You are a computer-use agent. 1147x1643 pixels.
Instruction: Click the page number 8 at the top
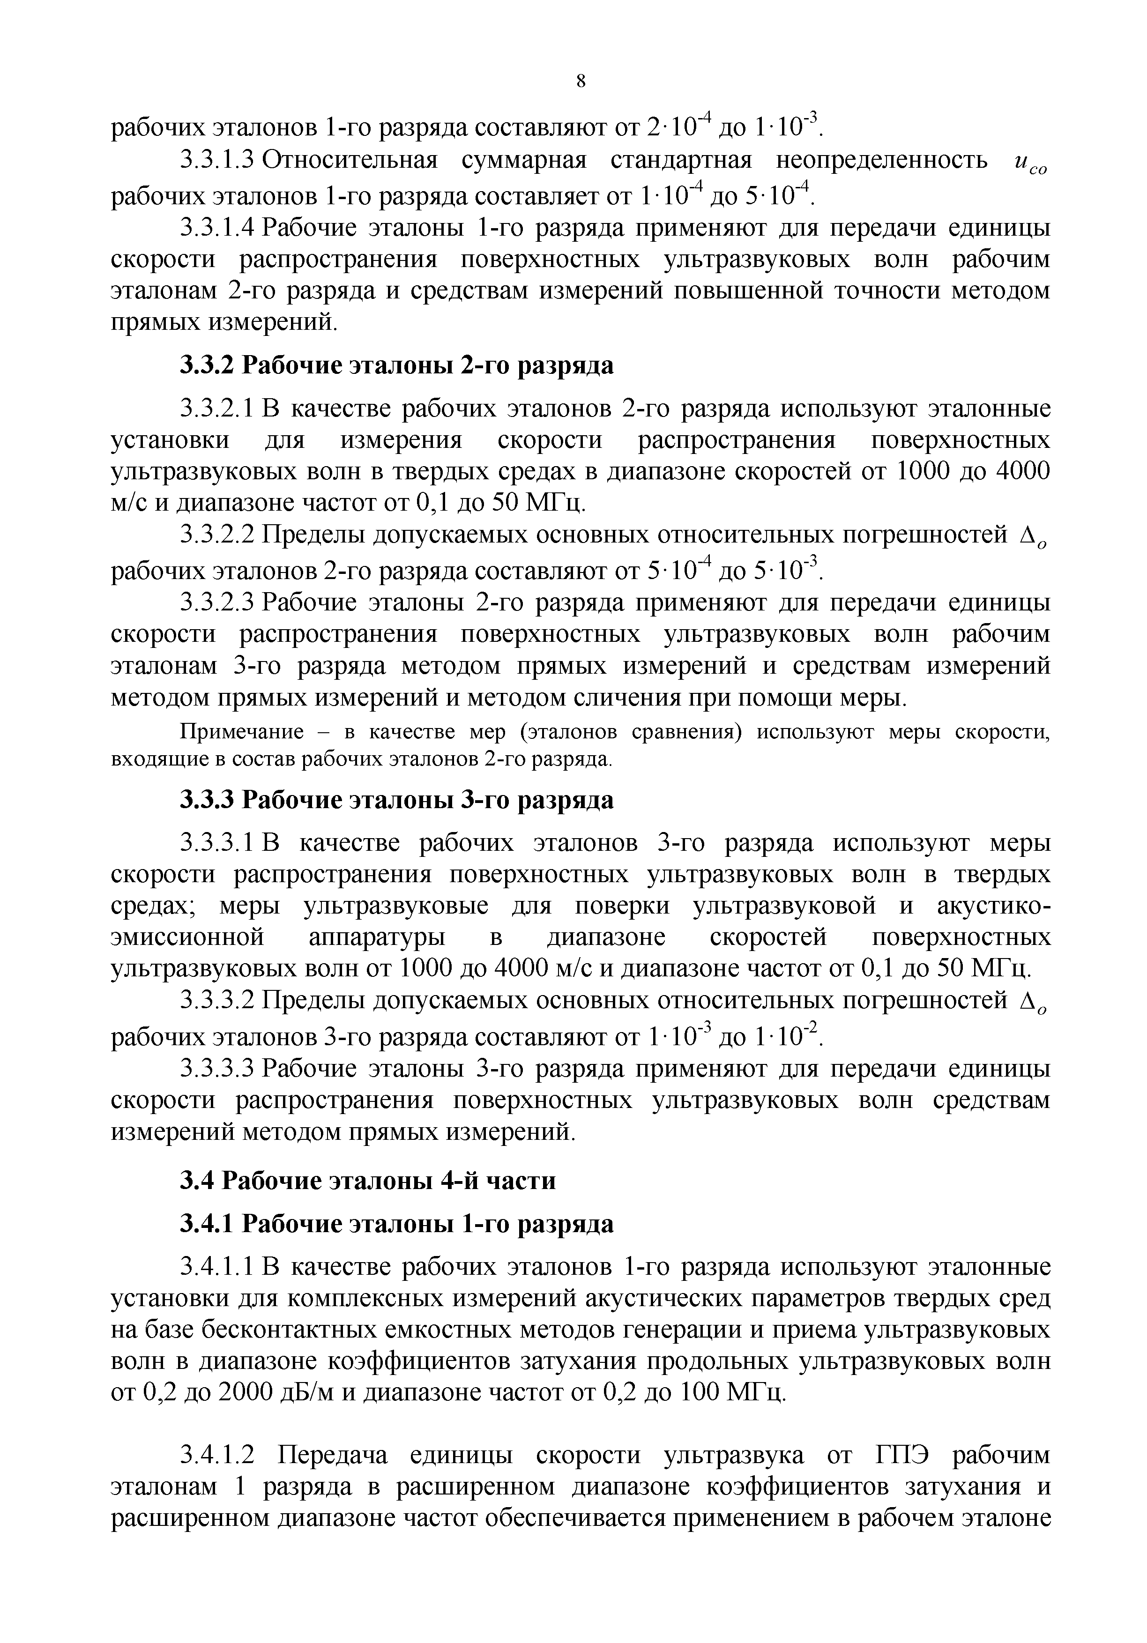[581, 82]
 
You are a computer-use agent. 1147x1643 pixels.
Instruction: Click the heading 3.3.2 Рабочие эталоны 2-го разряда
[396, 366]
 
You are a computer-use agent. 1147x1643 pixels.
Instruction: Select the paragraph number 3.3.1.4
[217, 228]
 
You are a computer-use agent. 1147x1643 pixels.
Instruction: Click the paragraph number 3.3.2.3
[217, 603]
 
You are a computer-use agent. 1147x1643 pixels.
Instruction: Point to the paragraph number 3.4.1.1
[217, 1267]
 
